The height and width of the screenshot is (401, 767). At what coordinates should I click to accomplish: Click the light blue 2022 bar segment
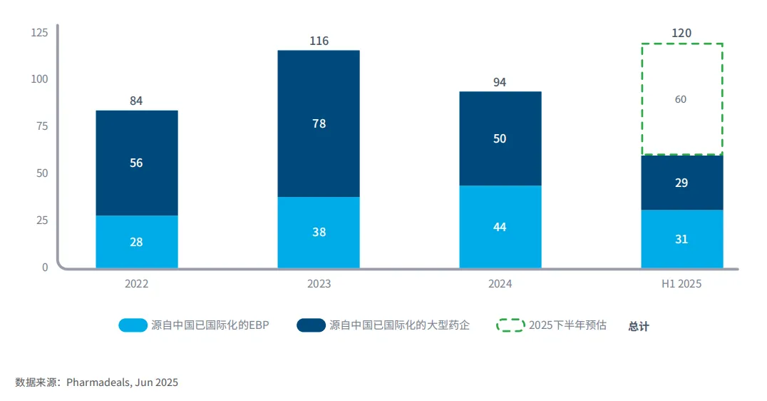coord(136,241)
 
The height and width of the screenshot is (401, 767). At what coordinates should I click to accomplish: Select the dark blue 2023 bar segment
coord(319,123)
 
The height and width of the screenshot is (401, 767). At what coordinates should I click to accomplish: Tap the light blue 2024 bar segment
coord(500,226)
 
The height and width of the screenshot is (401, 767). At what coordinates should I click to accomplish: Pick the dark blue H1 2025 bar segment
coord(681,183)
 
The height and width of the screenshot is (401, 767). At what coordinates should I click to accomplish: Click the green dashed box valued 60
coord(681,99)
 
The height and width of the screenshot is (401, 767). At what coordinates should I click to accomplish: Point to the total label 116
coord(319,41)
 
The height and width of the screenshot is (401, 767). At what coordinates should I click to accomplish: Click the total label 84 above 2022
coord(136,101)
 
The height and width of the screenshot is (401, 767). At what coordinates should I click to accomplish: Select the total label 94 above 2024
coord(500,82)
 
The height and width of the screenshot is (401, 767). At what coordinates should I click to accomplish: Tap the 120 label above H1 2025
coord(681,33)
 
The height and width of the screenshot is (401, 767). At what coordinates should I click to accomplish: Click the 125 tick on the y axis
coord(39,32)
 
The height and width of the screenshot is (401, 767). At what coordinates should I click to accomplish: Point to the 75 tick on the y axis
coord(41,126)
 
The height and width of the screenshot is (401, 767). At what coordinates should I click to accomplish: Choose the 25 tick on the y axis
coord(41,220)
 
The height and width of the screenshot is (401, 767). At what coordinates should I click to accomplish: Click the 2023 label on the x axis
coord(319,284)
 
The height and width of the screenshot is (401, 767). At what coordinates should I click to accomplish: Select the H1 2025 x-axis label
coord(681,284)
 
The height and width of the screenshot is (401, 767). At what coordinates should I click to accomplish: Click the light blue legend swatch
coord(133,325)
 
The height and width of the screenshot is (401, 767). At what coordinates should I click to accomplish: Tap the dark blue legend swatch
coord(311,325)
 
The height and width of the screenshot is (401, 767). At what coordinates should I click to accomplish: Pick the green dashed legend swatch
coord(510,325)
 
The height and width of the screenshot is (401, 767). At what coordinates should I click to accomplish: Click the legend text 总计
coord(639,326)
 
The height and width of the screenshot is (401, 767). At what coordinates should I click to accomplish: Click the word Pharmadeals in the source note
coord(98,382)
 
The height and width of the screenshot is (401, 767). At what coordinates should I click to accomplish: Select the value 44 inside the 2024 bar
coord(500,227)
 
